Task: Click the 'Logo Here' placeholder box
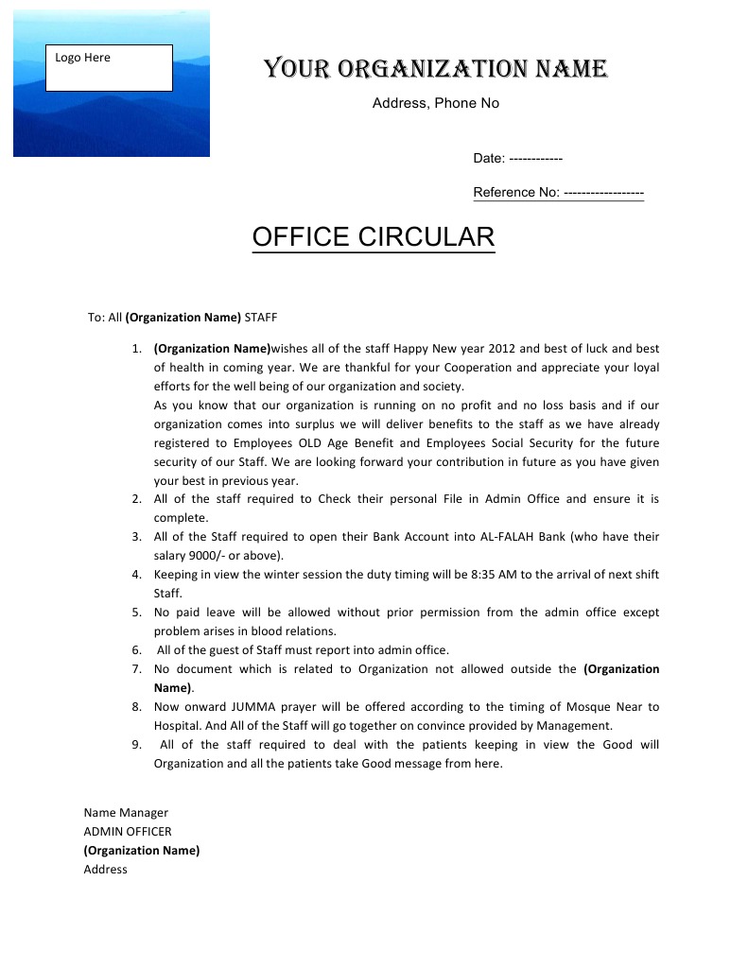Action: click(109, 68)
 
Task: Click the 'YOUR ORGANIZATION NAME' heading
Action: click(435, 69)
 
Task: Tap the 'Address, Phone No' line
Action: click(435, 103)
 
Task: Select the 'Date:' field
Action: click(518, 159)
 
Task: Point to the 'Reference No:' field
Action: click(558, 193)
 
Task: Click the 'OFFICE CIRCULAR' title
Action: click(374, 237)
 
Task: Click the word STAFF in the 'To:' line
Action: click(261, 318)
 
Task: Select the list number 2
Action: click(136, 499)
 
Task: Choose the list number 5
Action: click(136, 613)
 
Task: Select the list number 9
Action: click(136, 745)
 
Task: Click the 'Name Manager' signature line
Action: click(126, 813)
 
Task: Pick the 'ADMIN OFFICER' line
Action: click(128, 832)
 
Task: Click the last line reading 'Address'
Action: click(105, 870)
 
